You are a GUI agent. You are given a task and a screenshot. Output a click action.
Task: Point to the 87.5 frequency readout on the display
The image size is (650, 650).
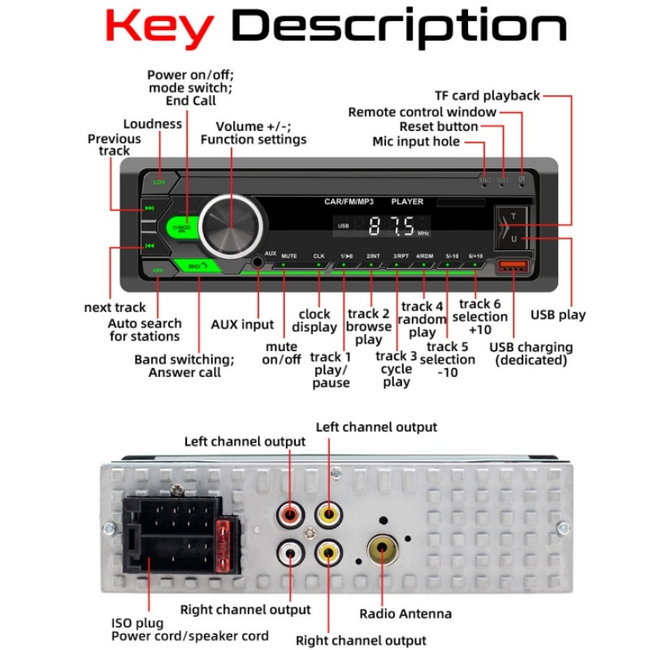pos(392,226)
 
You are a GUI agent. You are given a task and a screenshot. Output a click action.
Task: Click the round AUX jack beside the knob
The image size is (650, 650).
pos(258,262)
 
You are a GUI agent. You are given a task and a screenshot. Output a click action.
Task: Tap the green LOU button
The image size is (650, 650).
pos(159,181)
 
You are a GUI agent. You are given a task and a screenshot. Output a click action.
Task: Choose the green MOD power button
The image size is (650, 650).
pos(183,227)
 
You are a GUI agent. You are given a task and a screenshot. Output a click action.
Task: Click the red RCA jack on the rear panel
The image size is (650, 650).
pos(290,513)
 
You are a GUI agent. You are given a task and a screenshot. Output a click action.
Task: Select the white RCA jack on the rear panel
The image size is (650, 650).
pos(290,553)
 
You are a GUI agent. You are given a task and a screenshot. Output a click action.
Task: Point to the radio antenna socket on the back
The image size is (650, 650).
pos(383,552)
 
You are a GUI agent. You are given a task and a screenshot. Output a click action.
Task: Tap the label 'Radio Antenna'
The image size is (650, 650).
pos(405,614)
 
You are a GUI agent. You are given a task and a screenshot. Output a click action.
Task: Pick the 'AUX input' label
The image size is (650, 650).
pos(242,324)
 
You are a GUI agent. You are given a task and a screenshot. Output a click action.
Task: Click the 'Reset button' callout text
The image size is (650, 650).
pos(439,127)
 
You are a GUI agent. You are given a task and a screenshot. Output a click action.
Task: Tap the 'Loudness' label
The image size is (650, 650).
pos(153,124)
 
